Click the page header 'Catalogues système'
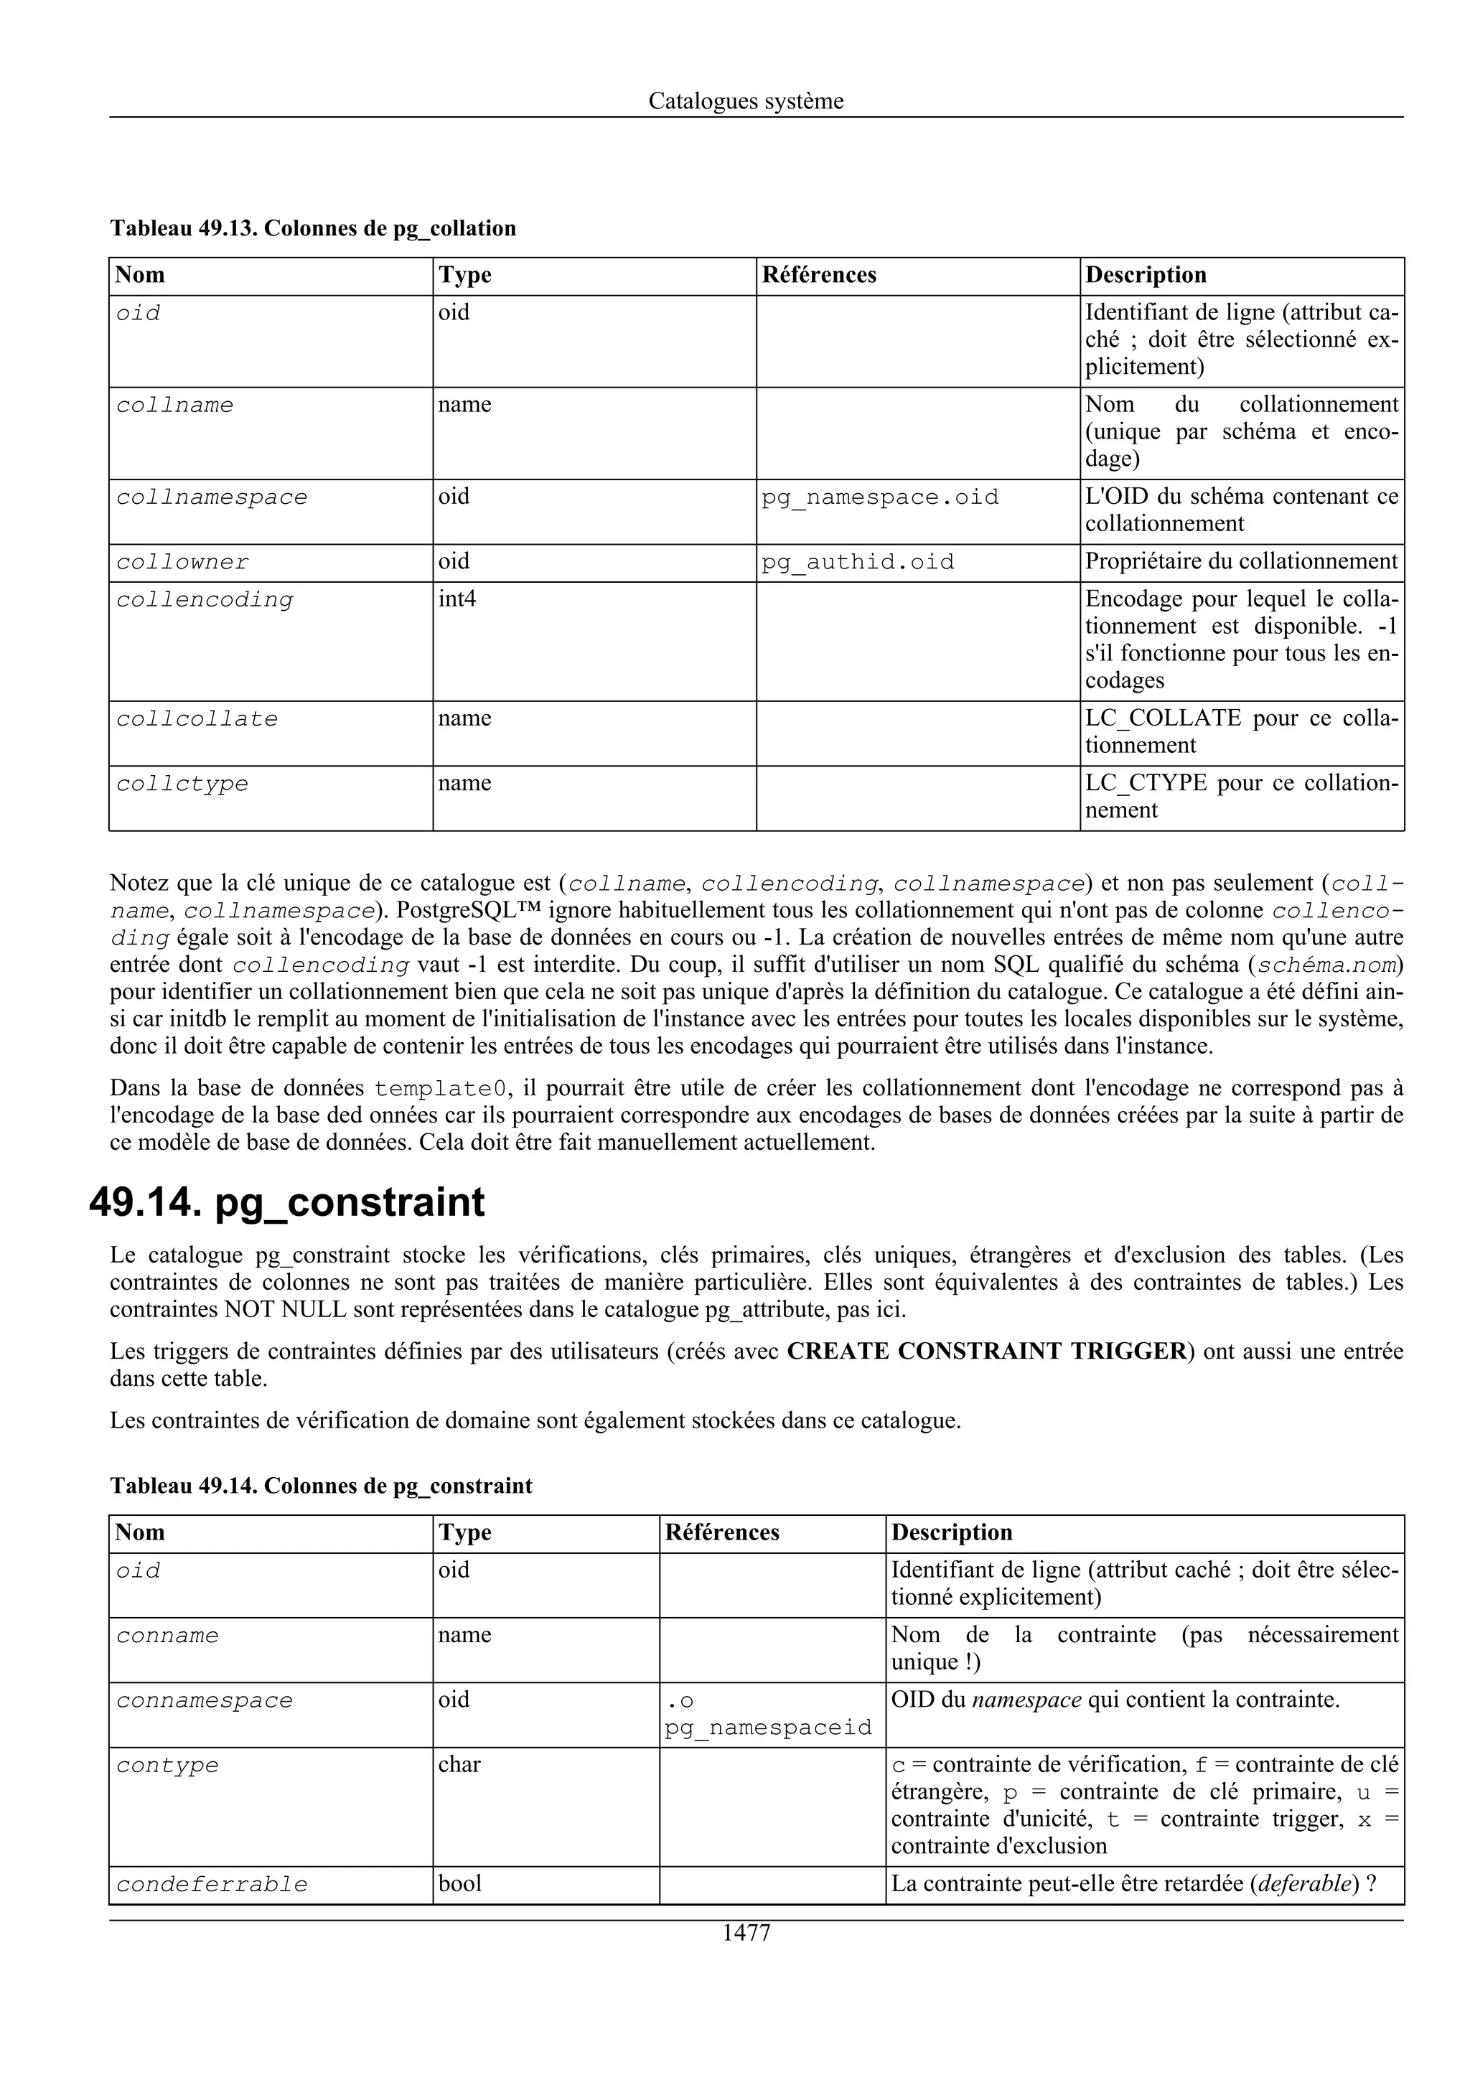coord(746,100)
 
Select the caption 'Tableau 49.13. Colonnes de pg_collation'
coord(312,228)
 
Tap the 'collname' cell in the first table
coord(175,405)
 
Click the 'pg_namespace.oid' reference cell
coord(879,497)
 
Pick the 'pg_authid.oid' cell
coord(857,562)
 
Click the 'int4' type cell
coord(457,600)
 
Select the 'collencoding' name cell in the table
coord(205,600)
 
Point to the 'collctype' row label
coord(182,784)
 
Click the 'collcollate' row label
coord(197,719)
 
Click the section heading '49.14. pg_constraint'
coord(287,1202)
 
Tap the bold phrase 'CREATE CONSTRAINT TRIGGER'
coord(986,1351)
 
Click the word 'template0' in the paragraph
coord(439,1088)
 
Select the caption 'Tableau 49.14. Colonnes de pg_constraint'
coord(321,1486)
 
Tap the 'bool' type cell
coord(459,1883)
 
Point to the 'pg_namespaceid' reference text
coord(768,1728)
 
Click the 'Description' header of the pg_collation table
coord(1146,276)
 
